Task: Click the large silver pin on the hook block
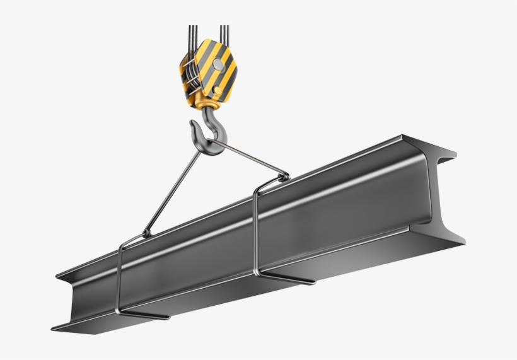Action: click(217, 64)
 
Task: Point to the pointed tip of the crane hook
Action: click(192, 130)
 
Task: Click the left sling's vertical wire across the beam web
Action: click(120, 277)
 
